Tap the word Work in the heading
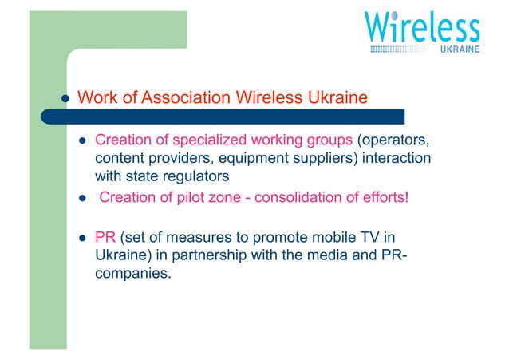pyautogui.click(x=97, y=98)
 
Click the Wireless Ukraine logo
pyautogui.click(x=422, y=33)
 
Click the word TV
pyautogui.click(x=360, y=237)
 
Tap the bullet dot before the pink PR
pyautogui.click(x=81, y=238)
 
